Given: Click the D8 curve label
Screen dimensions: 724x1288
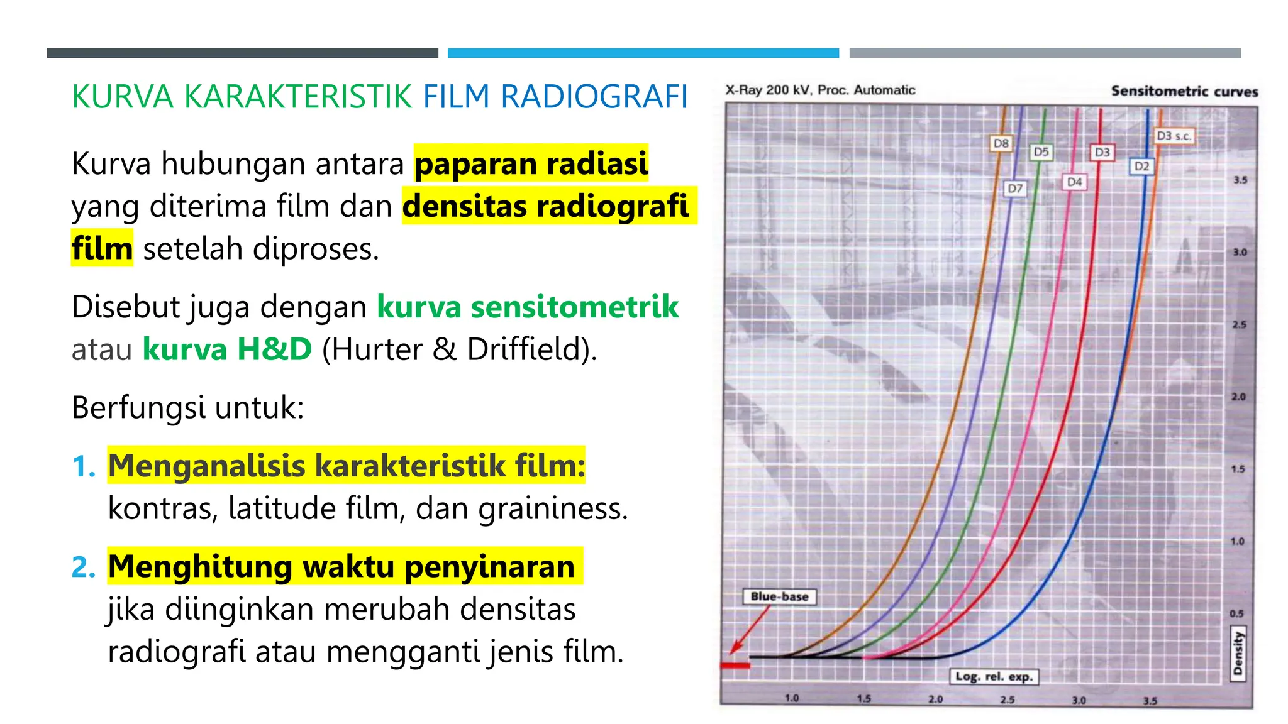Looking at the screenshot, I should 1001,143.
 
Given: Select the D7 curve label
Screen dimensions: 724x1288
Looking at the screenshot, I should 1015,188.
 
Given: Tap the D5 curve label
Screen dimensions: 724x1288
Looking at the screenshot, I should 1041,151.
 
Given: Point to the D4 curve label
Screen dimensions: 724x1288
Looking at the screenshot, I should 1074,182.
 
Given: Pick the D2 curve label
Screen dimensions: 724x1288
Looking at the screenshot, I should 1141,166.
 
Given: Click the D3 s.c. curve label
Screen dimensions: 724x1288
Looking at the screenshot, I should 1174,136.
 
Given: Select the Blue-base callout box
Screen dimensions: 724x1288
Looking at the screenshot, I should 779,596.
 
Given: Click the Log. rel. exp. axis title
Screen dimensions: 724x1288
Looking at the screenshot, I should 994,676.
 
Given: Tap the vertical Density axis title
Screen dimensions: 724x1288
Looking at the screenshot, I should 1238,653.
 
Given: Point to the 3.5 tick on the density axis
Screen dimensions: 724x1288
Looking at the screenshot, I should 1240,180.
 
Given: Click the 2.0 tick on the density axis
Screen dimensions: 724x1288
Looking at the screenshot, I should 1238,397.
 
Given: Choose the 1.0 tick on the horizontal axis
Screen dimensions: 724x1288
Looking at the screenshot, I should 792,698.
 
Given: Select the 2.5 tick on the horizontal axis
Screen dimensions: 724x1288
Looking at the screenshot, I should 1007,699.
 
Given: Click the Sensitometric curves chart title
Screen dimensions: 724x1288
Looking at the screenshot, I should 1184,91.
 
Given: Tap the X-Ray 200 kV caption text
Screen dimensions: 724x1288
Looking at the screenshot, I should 820,90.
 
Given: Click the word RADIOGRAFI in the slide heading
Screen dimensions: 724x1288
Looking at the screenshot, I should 594,97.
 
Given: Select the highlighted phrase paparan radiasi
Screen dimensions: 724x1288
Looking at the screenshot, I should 531,163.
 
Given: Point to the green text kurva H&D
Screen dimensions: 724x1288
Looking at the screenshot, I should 227,349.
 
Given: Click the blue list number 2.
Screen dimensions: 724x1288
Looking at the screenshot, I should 83,566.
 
